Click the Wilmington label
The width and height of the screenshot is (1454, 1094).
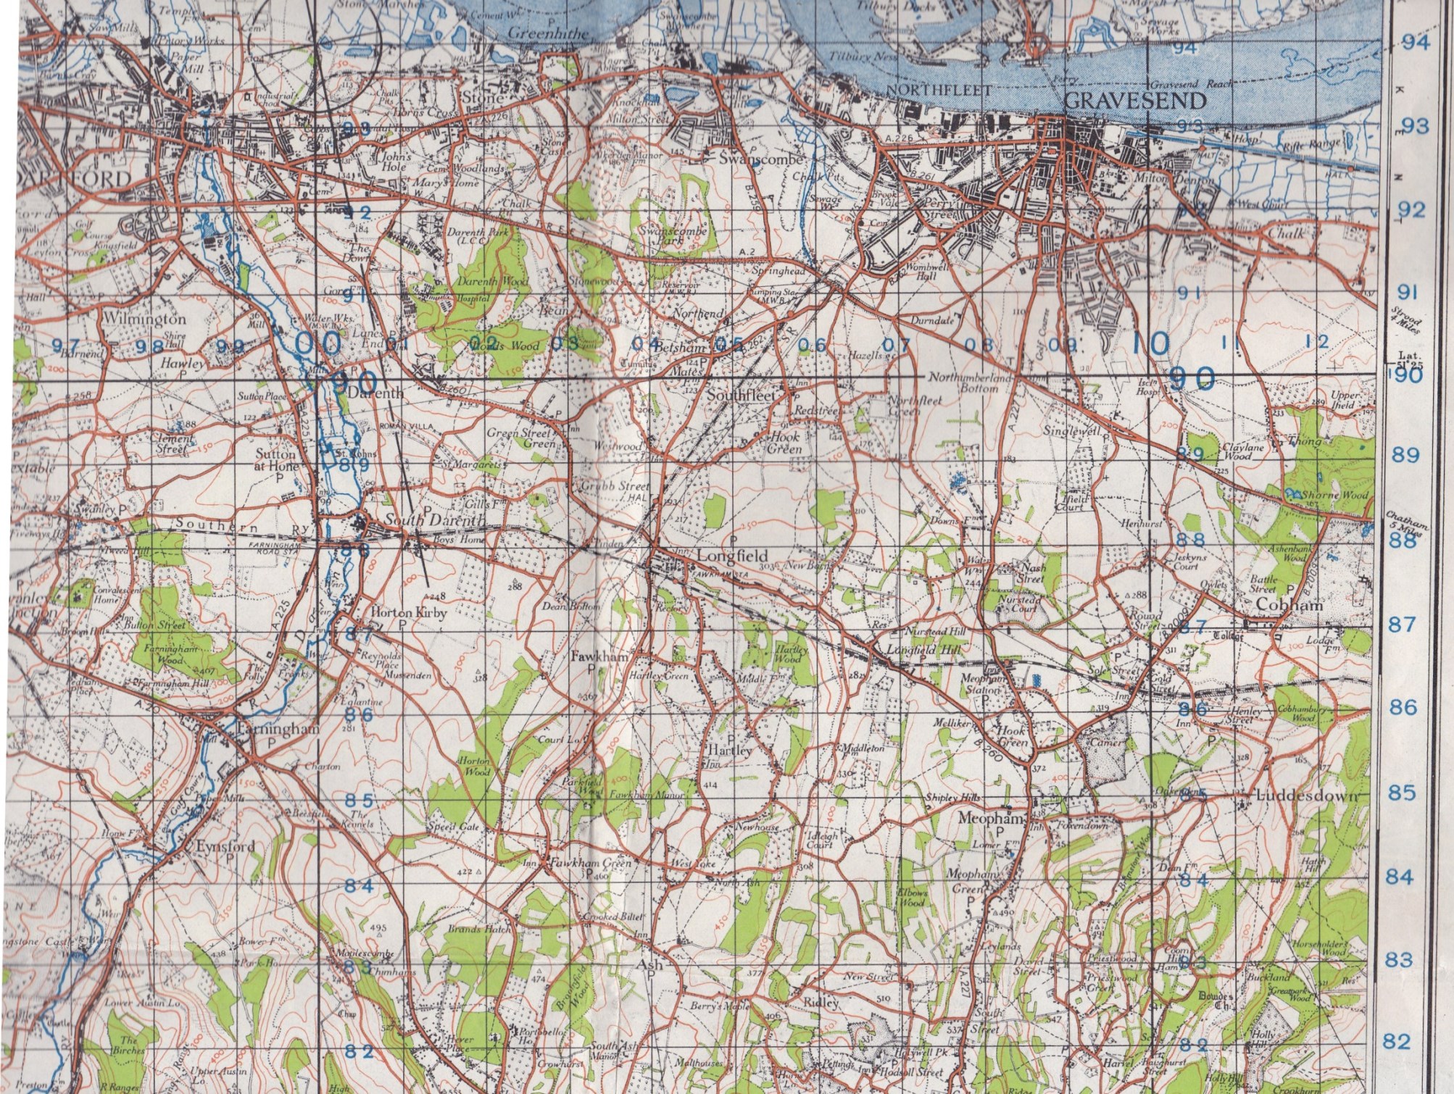(144, 318)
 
